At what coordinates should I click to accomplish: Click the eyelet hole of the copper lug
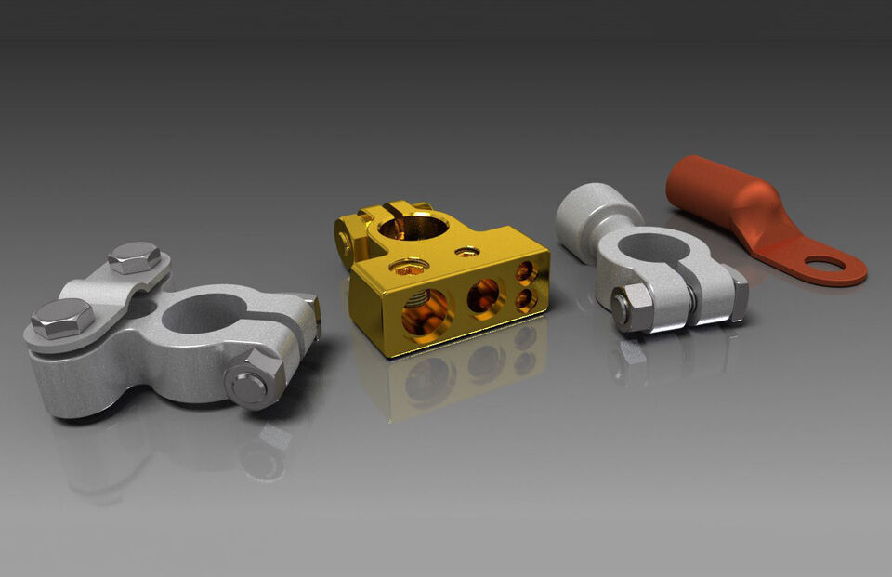[x=825, y=264]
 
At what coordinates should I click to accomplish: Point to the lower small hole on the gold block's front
[x=525, y=298]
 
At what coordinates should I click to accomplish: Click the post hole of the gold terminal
[x=414, y=226]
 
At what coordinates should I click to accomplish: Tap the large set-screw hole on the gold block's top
[x=409, y=269]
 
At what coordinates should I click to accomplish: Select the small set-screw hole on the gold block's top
[x=466, y=252]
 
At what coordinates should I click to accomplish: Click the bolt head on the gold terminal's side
[x=345, y=243]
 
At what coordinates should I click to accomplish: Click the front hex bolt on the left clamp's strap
[x=62, y=318]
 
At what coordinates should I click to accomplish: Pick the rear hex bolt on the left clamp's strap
[x=134, y=256]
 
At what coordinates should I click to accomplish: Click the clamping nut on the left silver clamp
[x=253, y=378]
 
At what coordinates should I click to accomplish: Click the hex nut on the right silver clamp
[x=632, y=307]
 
